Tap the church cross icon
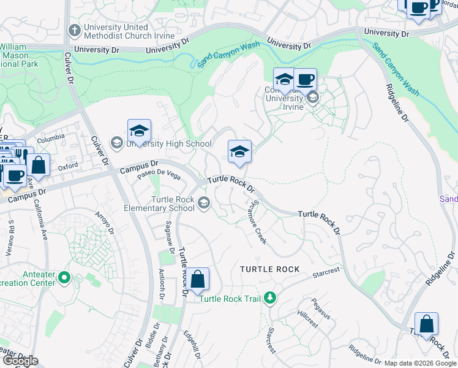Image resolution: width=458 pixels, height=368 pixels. pos(74,29)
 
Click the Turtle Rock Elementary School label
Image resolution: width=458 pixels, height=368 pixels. pos(173,204)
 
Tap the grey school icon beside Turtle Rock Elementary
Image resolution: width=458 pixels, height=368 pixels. pos(203,203)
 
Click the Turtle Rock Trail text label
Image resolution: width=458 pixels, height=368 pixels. pos(231,299)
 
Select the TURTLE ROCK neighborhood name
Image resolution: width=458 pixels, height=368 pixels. pos(270,269)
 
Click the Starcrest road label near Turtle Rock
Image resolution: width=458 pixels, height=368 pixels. pos(325,272)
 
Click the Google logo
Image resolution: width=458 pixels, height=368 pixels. pos(20,361)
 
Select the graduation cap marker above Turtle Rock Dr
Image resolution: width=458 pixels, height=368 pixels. pos(239,152)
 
